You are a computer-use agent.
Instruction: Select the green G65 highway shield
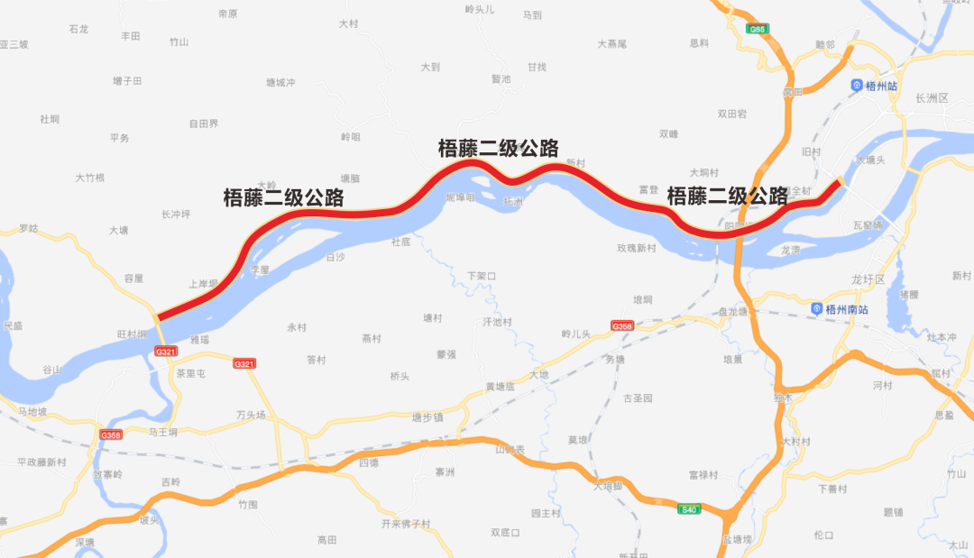(758, 30)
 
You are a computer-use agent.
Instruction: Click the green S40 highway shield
(689, 509)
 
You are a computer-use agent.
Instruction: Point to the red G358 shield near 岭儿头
(622, 325)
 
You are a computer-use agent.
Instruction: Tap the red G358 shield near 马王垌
(111, 435)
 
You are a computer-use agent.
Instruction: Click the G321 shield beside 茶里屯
(165, 352)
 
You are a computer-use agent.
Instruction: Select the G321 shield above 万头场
(244, 364)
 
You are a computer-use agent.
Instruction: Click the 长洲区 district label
(932, 97)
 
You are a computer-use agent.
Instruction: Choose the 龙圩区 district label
(869, 280)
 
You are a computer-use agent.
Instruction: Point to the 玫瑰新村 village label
(636, 248)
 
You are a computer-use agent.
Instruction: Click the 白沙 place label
(335, 257)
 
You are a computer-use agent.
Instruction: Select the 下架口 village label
(482, 276)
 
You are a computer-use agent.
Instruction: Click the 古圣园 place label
(638, 398)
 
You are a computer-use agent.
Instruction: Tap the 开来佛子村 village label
(406, 524)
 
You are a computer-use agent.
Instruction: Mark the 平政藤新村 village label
(42, 462)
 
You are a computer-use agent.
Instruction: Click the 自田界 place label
(203, 123)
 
